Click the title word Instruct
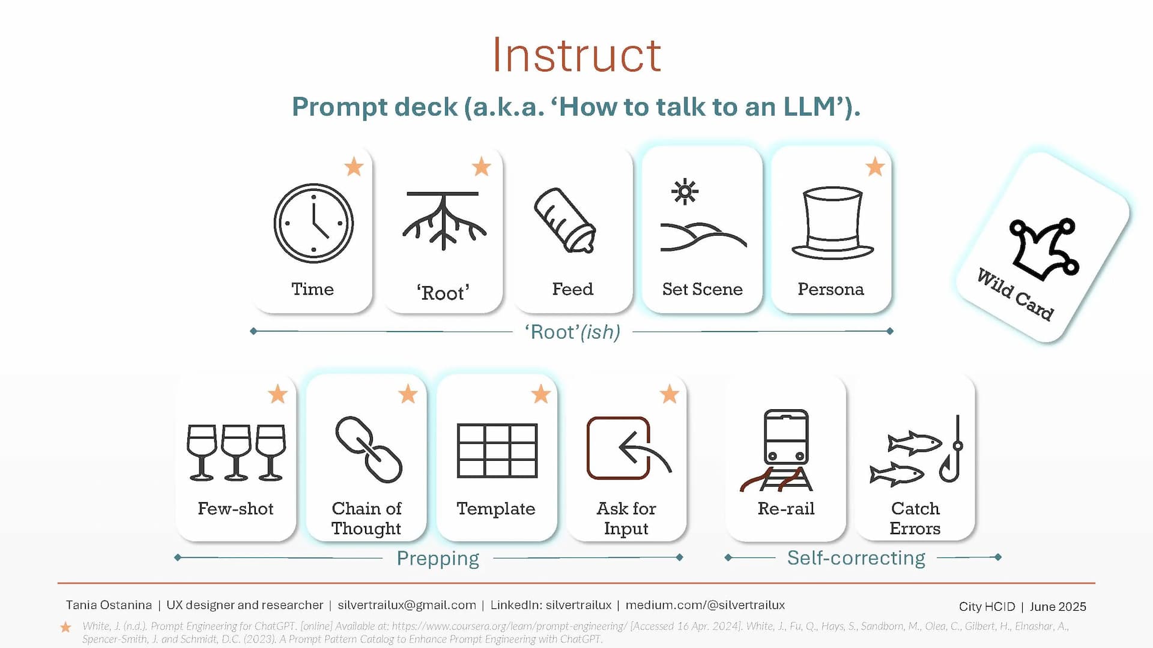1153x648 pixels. click(x=576, y=55)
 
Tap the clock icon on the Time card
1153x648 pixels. click(x=313, y=223)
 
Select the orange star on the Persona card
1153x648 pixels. click(x=875, y=166)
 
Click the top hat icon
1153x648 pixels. click(x=832, y=223)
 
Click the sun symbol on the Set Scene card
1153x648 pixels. click(x=685, y=192)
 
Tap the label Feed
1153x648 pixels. click(x=572, y=289)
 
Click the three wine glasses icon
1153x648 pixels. click(x=236, y=452)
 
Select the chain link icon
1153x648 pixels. click(x=368, y=449)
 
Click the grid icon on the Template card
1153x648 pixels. click(x=497, y=451)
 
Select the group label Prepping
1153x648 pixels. click(x=438, y=559)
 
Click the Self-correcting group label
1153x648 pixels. click(x=856, y=558)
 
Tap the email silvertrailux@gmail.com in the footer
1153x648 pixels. click(x=407, y=605)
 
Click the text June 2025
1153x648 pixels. click(x=1058, y=607)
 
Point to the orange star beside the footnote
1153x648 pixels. click(x=65, y=627)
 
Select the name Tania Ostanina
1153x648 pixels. click(x=109, y=605)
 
